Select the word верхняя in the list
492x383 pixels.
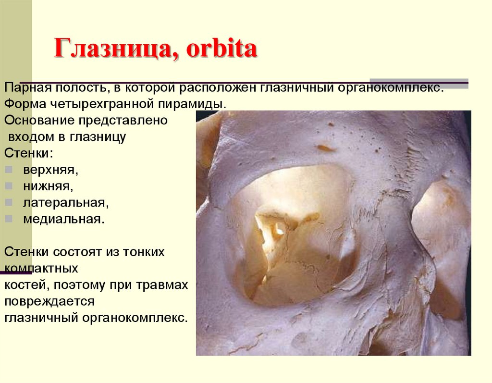pyautogui.click(x=49, y=170)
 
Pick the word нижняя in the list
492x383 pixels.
pyautogui.click(x=47, y=186)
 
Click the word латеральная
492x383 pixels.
pyautogui.click(x=65, y=202)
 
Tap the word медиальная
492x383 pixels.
pyautogui.click(x=63, y=219)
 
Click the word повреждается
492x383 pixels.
pyautogui.click(x=49, y=301)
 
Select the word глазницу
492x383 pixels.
pyautogui.click(x=98, y=137)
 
